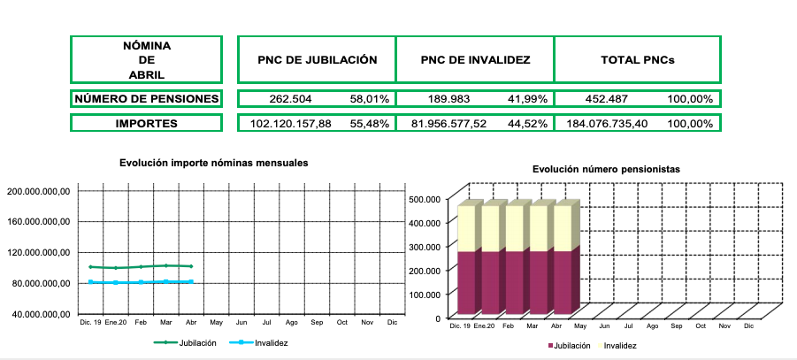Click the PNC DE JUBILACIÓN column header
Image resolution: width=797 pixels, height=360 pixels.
coord(317,60)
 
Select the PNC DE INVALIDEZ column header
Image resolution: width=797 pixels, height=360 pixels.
coord(475,60)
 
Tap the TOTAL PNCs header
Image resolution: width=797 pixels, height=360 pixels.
coord(637,60)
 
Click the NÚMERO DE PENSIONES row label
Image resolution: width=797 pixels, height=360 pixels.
coord(146,99)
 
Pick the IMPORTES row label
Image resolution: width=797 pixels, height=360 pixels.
coord(146,124)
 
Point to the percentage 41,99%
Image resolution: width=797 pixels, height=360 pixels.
coord(529,99)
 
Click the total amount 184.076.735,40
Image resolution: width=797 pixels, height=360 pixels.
coord(607,124)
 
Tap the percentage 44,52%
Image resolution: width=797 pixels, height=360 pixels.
coord(529,124)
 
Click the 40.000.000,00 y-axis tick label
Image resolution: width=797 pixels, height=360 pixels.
coord(40,314)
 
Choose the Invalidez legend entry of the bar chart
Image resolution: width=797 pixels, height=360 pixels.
coord(619,345)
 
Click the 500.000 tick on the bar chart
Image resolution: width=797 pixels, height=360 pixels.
coord(425,199)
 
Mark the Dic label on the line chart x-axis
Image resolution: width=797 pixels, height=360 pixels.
coord(392,324)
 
